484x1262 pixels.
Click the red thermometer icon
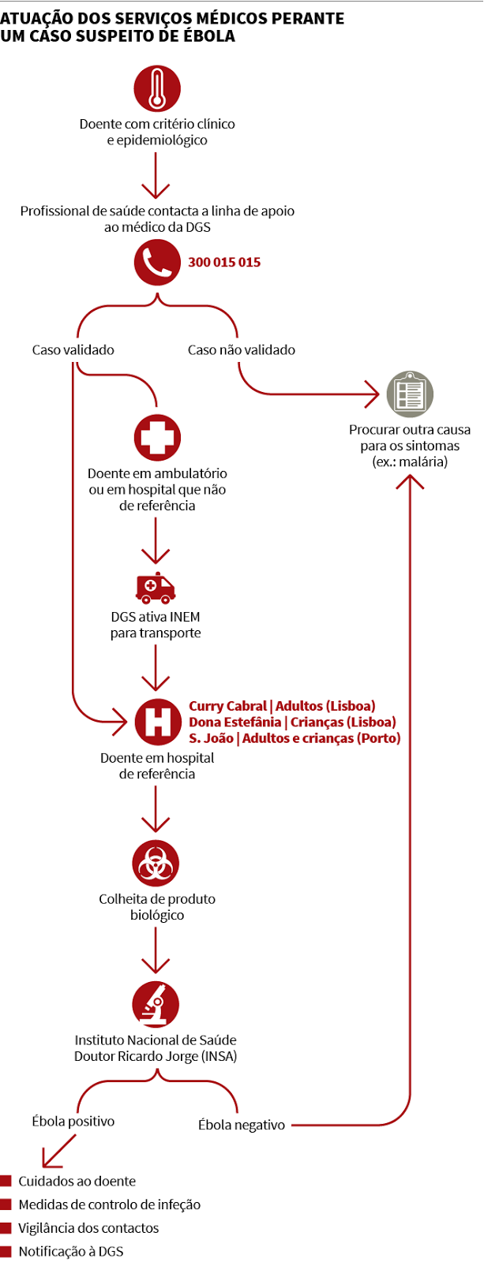click(x=157, y=88)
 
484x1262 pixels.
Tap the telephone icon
click(x=157, y=263)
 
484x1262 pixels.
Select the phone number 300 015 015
click(x=224, y=263)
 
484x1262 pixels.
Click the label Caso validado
click(x=73, y=349)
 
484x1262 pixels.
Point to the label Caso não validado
click(x=242, y=349)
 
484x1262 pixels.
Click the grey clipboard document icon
click(x=410, y=393)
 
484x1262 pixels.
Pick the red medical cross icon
click(x=157, y=438)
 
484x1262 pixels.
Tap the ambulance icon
click(x=156, y=587)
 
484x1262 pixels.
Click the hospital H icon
click(x=157, y=722)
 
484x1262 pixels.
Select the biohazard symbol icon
click(x=156, y=864)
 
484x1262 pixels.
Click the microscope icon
click(x=156, y=1005)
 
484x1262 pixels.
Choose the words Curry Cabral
click(x=227, y=706)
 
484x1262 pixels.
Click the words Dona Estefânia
click(x=234, y=722)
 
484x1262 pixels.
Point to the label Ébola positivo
click(x=73, y=1121)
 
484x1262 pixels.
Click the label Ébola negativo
click(x=242, y=1125)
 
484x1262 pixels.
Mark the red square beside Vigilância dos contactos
click(x=6, y=1228)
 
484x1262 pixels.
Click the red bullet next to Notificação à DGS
click(x=6, y=1251)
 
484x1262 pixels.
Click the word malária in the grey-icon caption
click(x=422, y=461)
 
